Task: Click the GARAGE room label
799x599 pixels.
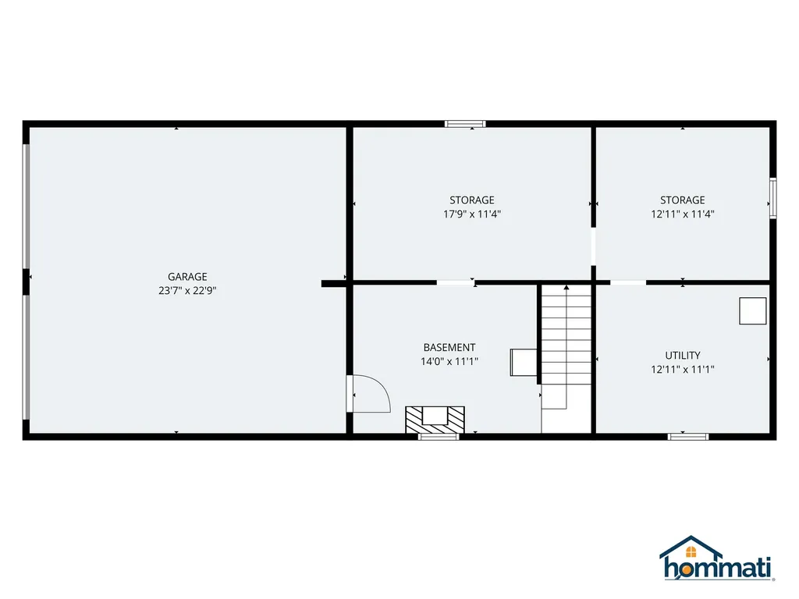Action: tap(187, 276)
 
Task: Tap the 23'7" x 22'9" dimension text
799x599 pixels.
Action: tap(187, 290)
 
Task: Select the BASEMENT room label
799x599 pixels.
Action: tap(449, 347)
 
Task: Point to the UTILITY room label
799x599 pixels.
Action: tap(682, 355)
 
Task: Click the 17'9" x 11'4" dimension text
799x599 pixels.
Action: tap(471, 214)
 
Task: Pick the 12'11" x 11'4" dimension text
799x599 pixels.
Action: tap(682, 214)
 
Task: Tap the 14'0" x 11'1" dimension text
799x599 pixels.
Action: tap(449, 361)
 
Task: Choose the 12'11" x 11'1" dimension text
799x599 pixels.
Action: tap(682, 370)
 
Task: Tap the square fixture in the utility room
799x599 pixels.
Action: tap(753, 311)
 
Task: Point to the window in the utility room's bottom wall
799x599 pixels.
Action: tap(687, 436)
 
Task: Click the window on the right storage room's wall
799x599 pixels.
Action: tap(772, 196)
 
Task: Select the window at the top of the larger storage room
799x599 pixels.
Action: tap(465, 123)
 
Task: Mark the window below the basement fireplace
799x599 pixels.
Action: tap(438, 436)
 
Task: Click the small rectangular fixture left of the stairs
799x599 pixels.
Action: tap(523, 363)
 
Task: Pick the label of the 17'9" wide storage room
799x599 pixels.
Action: tap(471, 200)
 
